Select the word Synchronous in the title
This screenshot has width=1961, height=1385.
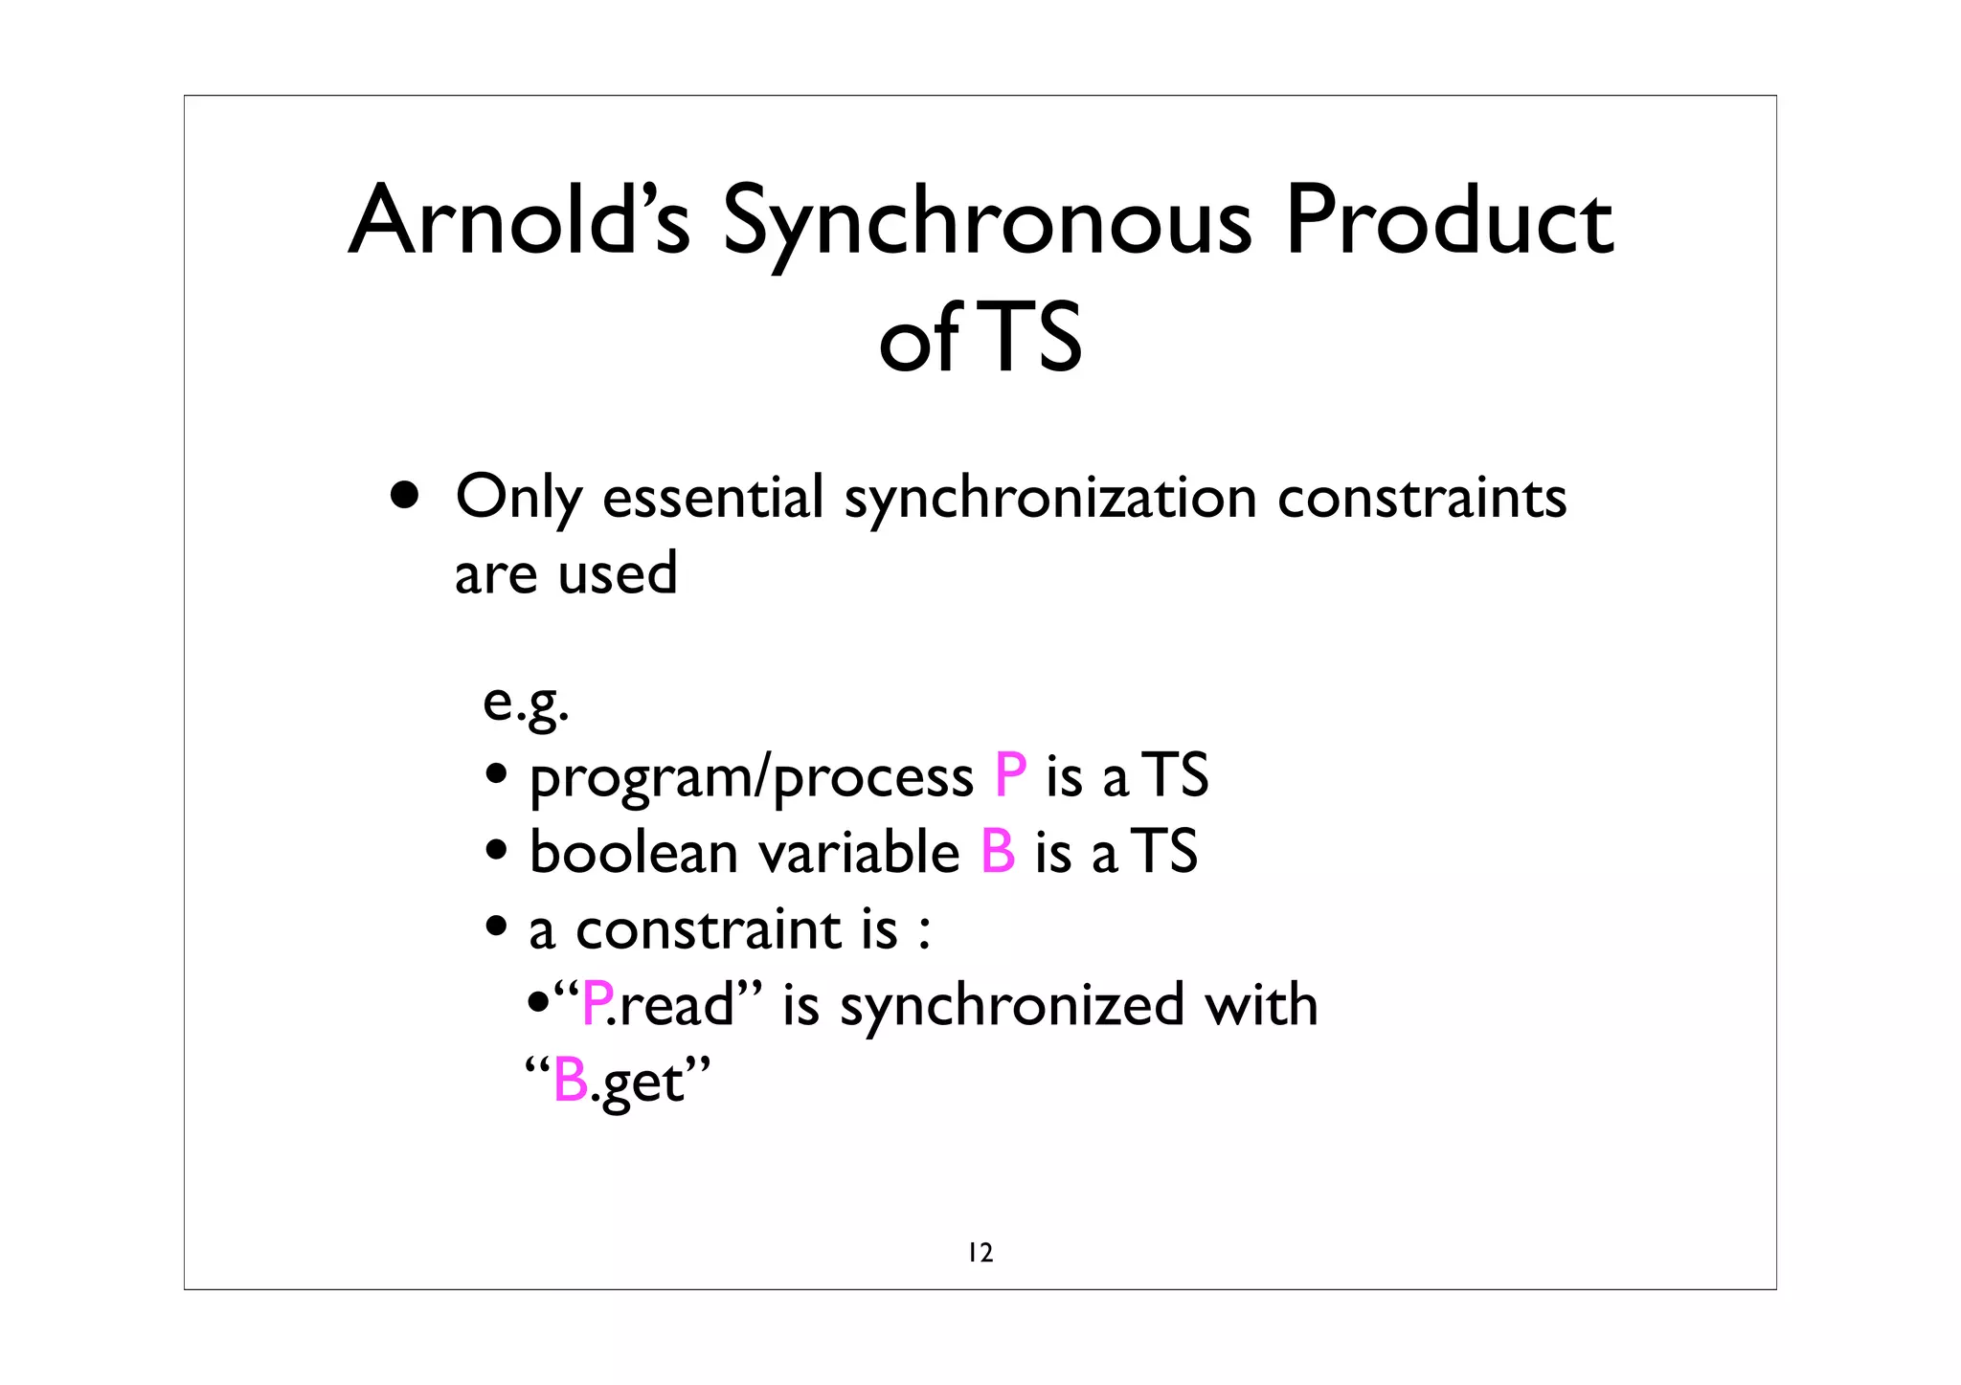[986, 225]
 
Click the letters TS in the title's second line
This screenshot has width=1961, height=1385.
[1033, 337]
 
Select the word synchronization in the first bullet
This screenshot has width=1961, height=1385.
[1050, 500]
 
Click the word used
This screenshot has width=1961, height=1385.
[618, 574]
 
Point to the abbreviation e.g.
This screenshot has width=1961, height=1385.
[526, 704]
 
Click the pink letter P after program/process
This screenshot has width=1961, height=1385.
[1010, 774]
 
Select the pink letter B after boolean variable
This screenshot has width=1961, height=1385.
[998, 851]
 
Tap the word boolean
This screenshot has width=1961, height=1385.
[633, 851]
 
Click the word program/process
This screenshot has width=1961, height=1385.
[751, 777]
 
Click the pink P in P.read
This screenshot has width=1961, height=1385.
[597, 1005]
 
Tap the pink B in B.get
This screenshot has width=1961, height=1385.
[571, 1082]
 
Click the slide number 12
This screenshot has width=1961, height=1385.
[980, 1252]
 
